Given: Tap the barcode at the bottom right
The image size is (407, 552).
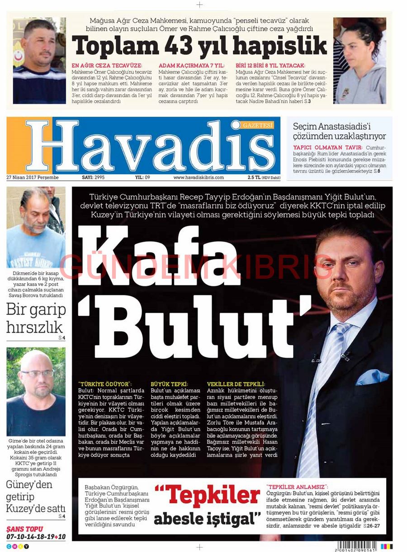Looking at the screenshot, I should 357,546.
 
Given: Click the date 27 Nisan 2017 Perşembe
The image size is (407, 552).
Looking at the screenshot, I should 33,177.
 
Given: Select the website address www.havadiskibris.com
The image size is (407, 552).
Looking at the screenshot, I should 199,177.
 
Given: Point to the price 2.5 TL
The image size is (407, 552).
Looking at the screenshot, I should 253,177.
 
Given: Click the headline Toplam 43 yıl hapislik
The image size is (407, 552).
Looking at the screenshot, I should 199,46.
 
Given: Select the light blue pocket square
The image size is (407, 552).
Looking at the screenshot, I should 372,377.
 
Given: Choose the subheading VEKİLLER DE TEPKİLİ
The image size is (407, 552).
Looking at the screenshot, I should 236,384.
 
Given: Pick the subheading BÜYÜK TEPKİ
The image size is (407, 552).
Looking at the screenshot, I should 169,384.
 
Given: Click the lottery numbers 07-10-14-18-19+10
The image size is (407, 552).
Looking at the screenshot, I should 36,537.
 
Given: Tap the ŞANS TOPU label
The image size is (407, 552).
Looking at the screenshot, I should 25,529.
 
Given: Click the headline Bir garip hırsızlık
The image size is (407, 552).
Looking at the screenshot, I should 36,318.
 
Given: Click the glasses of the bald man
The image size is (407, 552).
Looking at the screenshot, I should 37,374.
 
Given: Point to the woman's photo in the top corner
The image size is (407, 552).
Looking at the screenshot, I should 360,61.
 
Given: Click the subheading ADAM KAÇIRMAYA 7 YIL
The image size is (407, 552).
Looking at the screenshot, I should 192,66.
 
